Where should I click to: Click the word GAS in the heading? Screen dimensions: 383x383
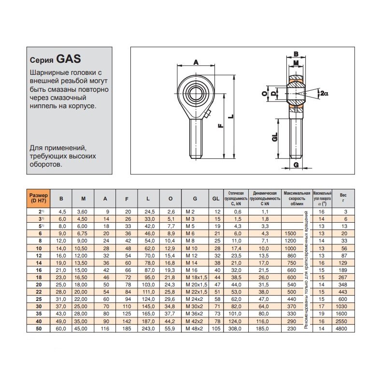69,60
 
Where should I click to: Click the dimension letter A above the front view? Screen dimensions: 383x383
196,61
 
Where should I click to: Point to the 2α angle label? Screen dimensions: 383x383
324,94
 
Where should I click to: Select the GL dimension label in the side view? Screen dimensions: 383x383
275,137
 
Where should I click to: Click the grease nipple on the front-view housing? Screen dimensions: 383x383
208,114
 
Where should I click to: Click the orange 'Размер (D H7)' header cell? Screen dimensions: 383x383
38,198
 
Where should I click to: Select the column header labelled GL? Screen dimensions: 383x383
216,199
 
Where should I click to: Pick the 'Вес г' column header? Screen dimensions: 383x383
343,198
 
